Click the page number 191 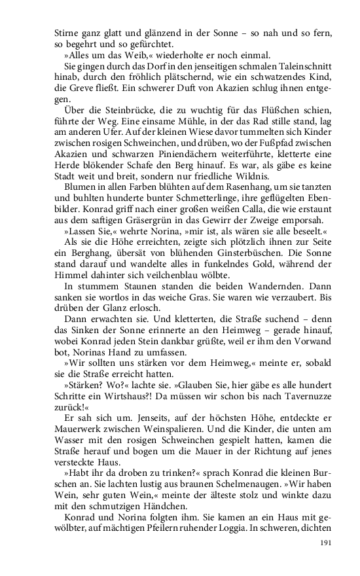click(326, 543)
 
